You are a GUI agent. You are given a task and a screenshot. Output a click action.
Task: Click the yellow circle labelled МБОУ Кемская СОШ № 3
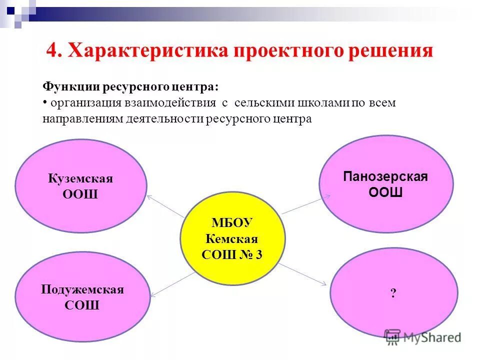(x=232, y=237)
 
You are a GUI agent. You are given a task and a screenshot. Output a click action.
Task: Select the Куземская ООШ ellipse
(x=80, y=186)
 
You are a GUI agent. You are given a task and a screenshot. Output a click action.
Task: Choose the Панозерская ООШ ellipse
(x=385, y=184)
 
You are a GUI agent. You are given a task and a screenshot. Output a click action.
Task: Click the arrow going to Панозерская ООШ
(x=303, y=205)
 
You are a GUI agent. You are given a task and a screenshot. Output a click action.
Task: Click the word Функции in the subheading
(x=70, y=86)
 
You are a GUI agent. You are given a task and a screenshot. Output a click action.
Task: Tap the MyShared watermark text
(x=433, y=337)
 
